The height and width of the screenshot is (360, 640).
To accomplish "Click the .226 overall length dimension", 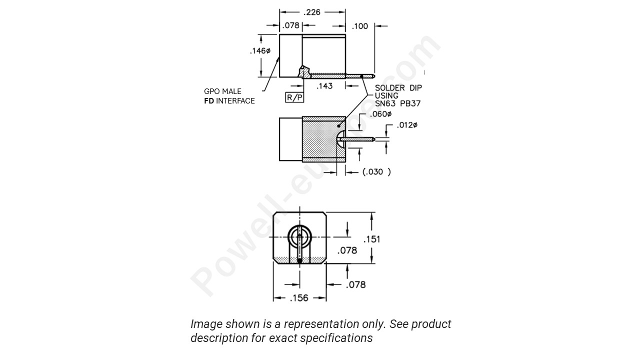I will pos(312,12).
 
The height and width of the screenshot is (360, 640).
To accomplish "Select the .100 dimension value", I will pos(360,26).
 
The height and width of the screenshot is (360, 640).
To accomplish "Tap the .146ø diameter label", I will pos(259,51).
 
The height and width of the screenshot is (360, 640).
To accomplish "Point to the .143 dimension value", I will pos(324,86).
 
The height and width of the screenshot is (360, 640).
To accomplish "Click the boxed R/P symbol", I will pos(294,97).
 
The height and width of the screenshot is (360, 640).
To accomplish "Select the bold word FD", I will pos(209,101).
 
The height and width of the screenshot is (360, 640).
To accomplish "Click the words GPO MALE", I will pos(222,91).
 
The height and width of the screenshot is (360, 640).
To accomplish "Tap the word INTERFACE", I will pos(235,101).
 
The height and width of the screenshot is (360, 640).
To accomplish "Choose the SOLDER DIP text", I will pos(398,88).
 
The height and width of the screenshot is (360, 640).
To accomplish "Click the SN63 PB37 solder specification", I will pos(398,104).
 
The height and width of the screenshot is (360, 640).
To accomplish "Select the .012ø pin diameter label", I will pos(407,125).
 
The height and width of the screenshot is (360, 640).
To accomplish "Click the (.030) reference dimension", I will pos(376,171).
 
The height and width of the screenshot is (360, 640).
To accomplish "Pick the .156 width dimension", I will pos(299,298).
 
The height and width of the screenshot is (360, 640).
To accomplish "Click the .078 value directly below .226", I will pos(290,25).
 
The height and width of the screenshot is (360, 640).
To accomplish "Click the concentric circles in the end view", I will pos(299,236).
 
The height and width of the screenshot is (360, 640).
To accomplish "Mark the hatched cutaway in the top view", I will pos(304,72).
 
